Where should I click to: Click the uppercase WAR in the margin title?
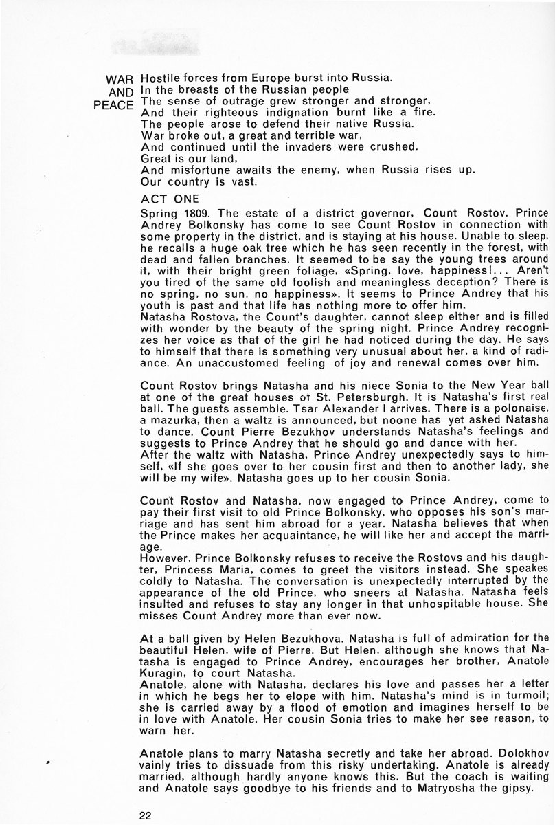(117, 79)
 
